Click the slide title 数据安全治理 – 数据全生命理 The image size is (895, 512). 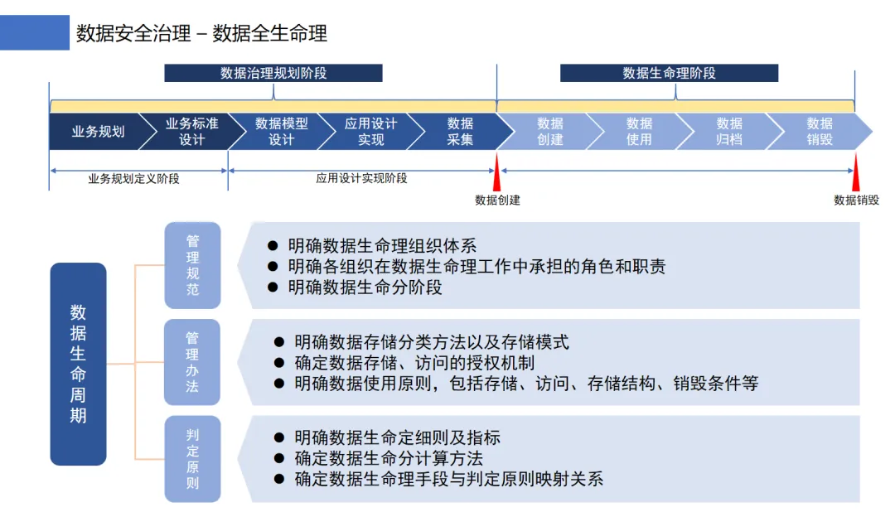pyautogui.click(x=201, y=33)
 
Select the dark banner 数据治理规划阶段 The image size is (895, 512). pyautogui.click(x=273, y=73)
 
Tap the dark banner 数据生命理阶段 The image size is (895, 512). pyautogui.click(x=669, y=73)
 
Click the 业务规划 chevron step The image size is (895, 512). pyautogui.click(x=98, y=132)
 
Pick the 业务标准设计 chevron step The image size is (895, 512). pyautogui.click(x=191, y=132)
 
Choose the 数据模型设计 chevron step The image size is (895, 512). pyautogui.click(x=281, y=132)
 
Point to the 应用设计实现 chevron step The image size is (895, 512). pyautogui.click(x=370, y=132)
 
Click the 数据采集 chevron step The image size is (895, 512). pyautogui.click(x=460, y=132)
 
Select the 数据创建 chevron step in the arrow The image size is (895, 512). pyautogui.click(x=549, y=132)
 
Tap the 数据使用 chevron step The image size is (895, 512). pyautogui.click(x=639, y=132)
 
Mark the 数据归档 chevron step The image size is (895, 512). pyautogui.click(x=729, y=132)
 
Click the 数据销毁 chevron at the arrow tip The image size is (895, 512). pyautogui.click(x=820, y=132)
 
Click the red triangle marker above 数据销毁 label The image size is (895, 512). pyautogui.click(x=854, y=175)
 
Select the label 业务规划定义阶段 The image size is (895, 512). pyautogui.click(x=133, y=178)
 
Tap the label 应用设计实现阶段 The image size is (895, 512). pyautogui.click(x=361, y=178)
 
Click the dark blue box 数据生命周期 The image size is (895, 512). pyautogui.click(x=78, y=364)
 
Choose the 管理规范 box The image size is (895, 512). pyautogui.click(x=192, y=265)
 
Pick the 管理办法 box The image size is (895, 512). pyautogui.click(x=192, y=362)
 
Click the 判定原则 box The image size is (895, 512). pyautogui.click(x=192, y=459)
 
